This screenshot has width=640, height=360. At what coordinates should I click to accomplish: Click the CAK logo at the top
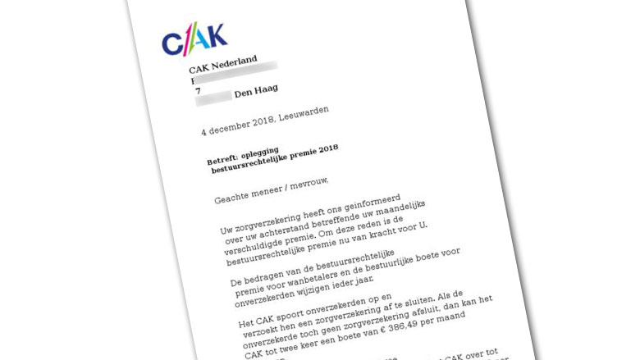coord(194,39)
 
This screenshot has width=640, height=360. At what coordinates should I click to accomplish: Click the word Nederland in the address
coord(235,62)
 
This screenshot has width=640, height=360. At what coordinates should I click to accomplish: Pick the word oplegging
coord(272,154)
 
